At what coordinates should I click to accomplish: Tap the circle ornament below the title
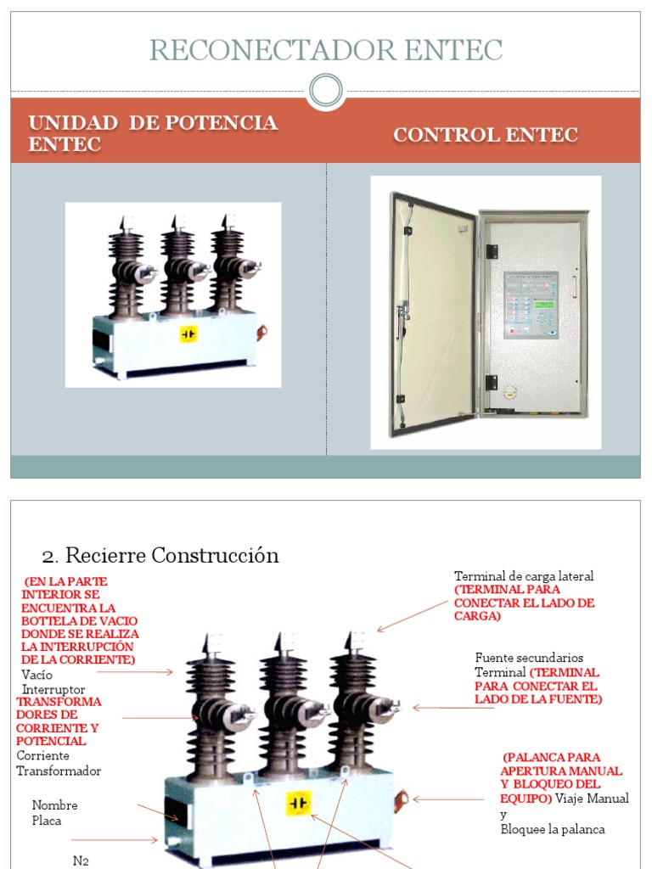click(x=325, y=91)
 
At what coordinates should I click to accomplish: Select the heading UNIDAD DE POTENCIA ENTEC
click(x=153, y=133)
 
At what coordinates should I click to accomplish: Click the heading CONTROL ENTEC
click(x=485, y=135)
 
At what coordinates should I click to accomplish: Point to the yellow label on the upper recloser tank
click(x=188, y=334)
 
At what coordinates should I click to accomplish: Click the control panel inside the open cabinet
click(x=531, y=305)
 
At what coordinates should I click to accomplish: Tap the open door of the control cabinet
click(x=434, y=313)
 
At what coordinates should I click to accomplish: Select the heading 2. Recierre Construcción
click(x=160, y=556)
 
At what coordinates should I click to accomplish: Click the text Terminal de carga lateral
click(x=524, y=576)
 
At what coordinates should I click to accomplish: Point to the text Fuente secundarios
click(x=529, y=658)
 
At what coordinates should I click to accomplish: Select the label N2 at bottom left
click(x=81, y=860)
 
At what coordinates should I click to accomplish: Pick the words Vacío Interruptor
click(x=53, y=682)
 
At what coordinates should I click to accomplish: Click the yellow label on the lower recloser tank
click(x=298, y=803)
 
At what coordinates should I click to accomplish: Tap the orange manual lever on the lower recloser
click(x=401, y=798)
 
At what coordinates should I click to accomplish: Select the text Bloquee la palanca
click(x=552, y=829)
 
